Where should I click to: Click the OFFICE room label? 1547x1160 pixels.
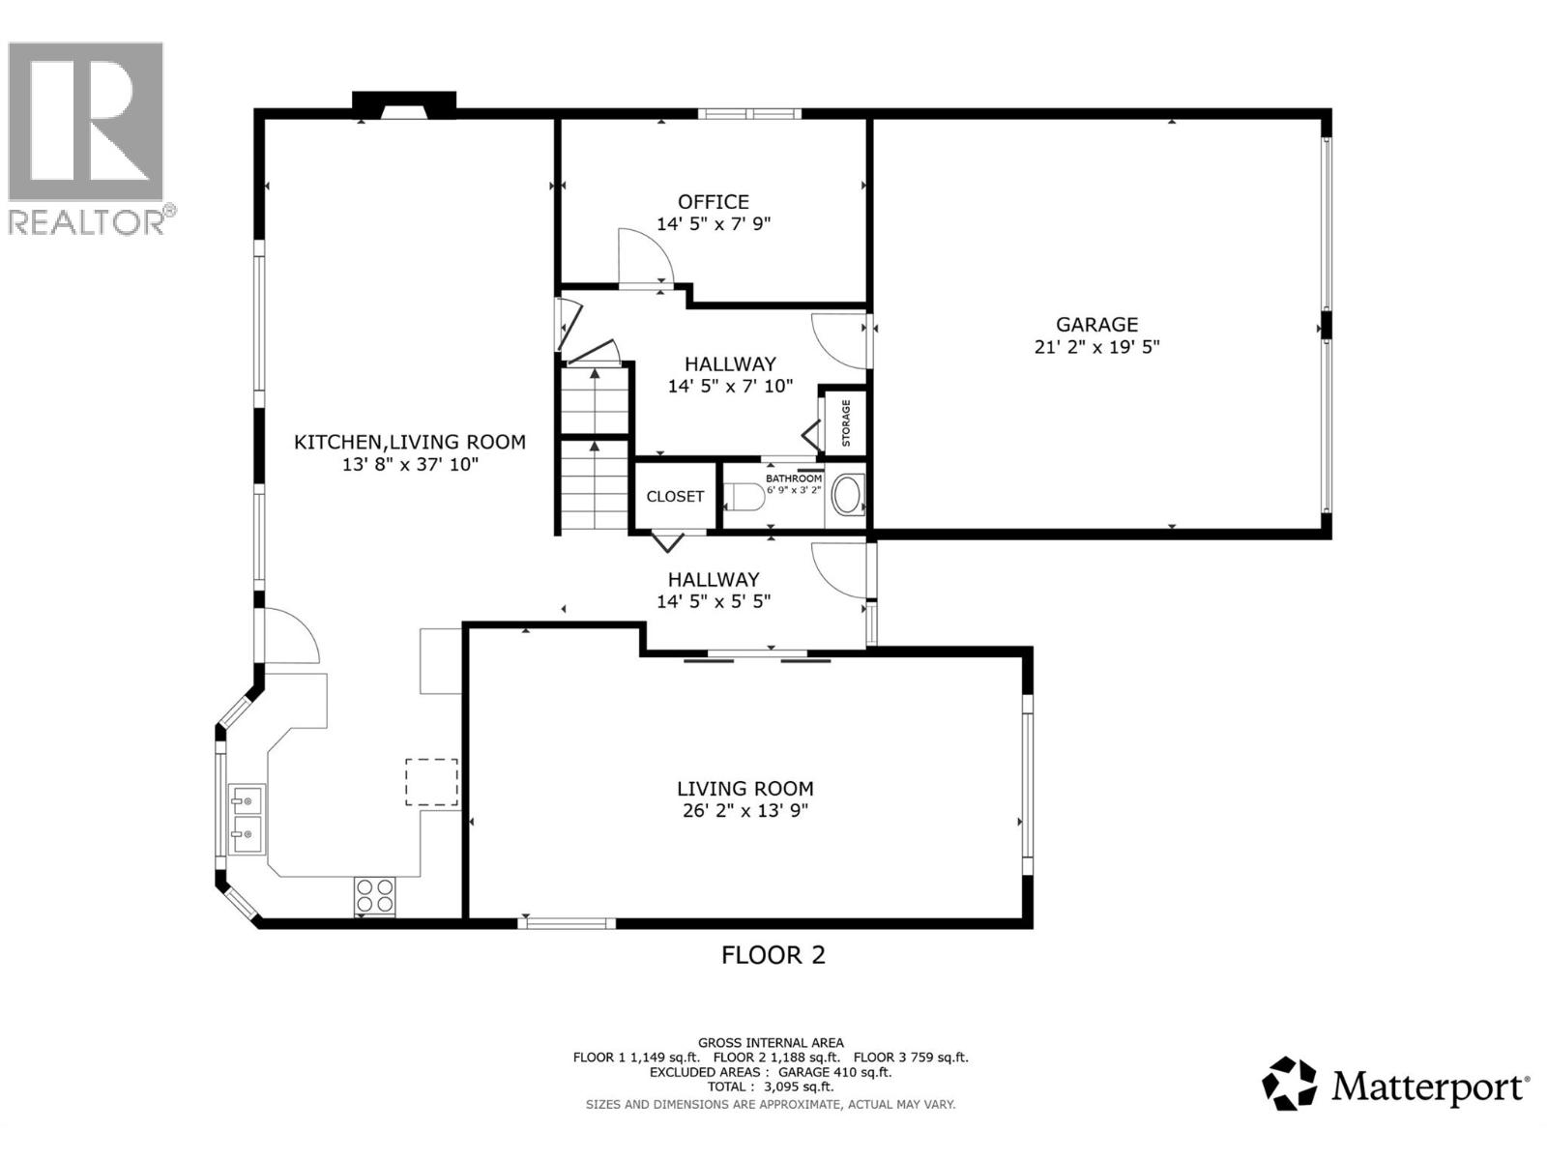tap(713, 202)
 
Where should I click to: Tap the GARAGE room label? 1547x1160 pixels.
tap(1096, 325)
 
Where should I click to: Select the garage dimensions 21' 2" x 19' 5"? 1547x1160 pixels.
tap(1096, 347)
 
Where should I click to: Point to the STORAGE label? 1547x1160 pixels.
tap(846, 422)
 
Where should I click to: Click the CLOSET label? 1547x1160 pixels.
tap(675, 497)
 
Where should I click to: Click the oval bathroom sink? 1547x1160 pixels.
tap(848, 494)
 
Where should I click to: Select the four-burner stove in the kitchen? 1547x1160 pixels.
tap(374, 895)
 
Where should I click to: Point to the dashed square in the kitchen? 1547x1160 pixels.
tap(431, 782)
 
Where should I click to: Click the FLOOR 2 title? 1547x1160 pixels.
tap(773, 955)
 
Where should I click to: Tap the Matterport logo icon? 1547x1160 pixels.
tap(1290, 1084)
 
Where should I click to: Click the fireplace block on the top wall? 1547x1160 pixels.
tap(403, 103)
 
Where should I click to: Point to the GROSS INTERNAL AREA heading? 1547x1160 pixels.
tap(771, 1042)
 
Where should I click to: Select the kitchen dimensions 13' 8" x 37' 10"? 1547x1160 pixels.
tap(410, 465)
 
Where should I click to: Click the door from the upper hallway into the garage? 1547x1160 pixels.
tap(841, 340)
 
